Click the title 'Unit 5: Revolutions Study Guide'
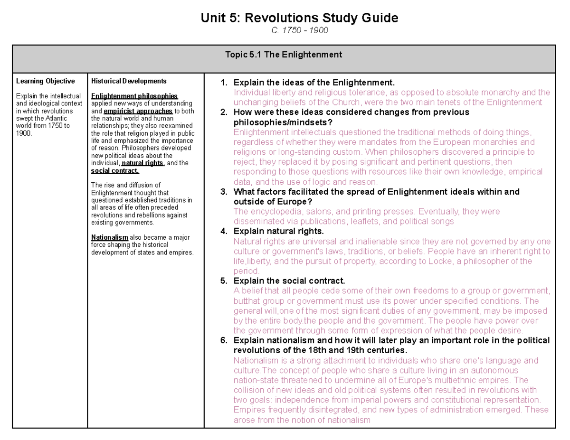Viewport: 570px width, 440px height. pyautogui.click(x=299, y=19)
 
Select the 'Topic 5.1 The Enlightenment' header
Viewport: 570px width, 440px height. pyautogui.click(x=284, y=55)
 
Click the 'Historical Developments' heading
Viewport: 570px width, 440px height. pyautogui.click(x=128, y=81)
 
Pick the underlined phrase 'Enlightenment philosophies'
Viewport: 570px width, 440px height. pyautogui.click(x=134, y=96)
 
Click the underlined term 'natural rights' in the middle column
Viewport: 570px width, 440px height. pyautogui.click(x=142, y=163)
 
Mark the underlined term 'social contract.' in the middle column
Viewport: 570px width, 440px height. pyautogui.click(x=115, y=170)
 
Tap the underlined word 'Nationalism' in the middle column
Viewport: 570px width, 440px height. pyautogui.click(x=110, y=237)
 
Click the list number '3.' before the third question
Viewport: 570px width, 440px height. pyautogui.click(x=224, y=192)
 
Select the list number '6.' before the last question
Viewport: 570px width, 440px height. pyautogui.click(x=224, y=340)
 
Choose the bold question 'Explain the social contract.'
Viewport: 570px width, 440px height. pyautogui.click(x=289, y=281)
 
